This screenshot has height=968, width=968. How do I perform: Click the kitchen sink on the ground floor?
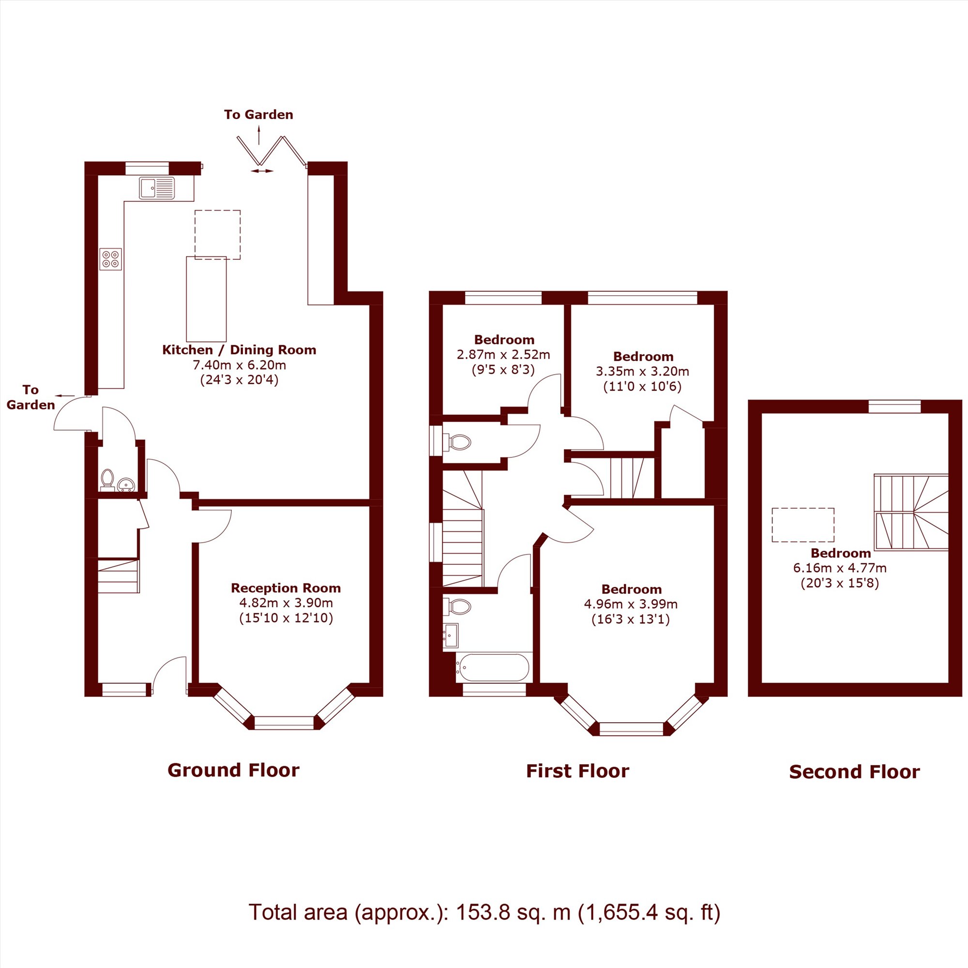tap(157, 188)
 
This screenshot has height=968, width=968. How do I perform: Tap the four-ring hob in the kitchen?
tap(111, 259)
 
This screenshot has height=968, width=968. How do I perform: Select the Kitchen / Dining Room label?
tap(239, 350)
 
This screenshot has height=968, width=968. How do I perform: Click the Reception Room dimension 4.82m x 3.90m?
tap(286, 603)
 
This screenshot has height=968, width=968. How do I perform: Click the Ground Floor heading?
tap(233, 770)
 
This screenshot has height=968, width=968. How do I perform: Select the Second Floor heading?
tap(854, 771)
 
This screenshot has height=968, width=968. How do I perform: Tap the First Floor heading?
tap(577, 771)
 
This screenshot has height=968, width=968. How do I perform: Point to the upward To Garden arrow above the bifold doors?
tap(259, 136)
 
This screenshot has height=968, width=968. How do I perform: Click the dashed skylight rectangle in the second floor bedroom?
tap(802, 525)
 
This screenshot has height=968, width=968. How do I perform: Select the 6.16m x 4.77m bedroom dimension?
tap(840, 568)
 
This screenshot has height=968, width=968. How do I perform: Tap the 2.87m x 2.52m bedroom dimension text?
tap(503, 355)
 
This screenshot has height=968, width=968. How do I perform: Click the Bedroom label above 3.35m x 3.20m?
tap(643, 356)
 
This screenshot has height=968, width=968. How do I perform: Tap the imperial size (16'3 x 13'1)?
tap(631, 620)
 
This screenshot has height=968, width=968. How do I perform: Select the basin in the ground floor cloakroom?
tap(125, 484)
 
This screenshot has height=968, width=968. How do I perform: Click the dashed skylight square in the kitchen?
tap(217, 234)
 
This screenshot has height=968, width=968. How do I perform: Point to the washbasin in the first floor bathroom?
tap(451, 636)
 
